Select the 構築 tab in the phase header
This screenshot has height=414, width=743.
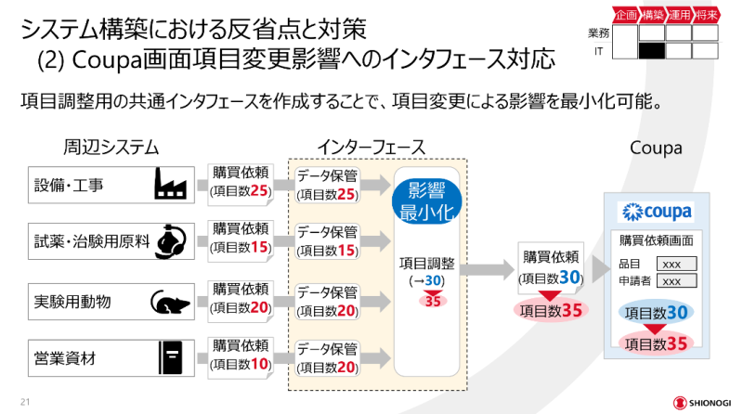pyautogui.click(x=652, y=16)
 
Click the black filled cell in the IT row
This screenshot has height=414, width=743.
pyautogui.click(x=652, y=50)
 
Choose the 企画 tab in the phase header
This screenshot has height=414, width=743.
pyautogui.click(x=626, y=16)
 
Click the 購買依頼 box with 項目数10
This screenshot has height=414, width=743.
pyautogui.click(x=241, y=356)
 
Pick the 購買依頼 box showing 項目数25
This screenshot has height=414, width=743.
pyautogui.click(x=241, y=184)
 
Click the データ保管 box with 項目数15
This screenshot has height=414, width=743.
pyautogui.click(x=327, y=241)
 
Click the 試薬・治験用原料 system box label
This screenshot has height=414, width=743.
pyautogui.click(x=91, y=242)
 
